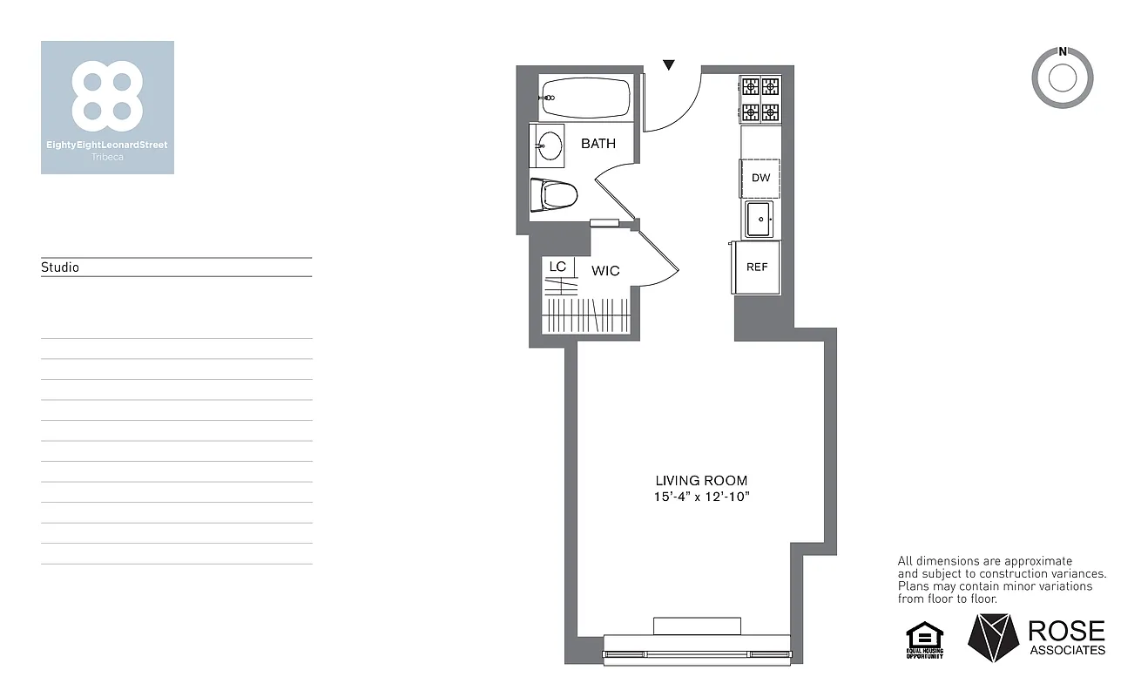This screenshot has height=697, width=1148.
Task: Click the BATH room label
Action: (598, 144)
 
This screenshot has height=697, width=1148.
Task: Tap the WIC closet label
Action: (605, 271)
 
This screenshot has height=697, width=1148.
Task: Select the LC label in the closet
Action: (557, 266)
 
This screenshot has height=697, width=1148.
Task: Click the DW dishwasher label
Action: (760, 178)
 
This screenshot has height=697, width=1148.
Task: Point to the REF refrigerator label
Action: (757, 267)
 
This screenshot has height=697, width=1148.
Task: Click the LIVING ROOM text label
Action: (701, 480)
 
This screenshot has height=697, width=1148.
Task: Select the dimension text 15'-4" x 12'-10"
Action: (701, 496)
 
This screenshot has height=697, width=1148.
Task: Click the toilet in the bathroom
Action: (554, 193)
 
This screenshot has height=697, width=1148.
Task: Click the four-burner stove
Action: (760, 99)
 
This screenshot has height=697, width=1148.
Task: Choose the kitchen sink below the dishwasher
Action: (759, 220)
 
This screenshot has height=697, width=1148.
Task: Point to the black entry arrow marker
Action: (669, 64)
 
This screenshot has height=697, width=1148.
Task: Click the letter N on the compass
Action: (1062, 51)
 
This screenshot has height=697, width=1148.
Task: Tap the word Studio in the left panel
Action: (60, 267)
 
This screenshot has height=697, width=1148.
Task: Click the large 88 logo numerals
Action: (107, 91)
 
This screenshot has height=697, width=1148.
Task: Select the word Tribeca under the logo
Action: (106, 157)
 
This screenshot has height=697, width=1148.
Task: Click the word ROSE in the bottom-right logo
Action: (1066, 631)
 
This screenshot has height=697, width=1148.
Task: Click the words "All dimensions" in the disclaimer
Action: (937, 561)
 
